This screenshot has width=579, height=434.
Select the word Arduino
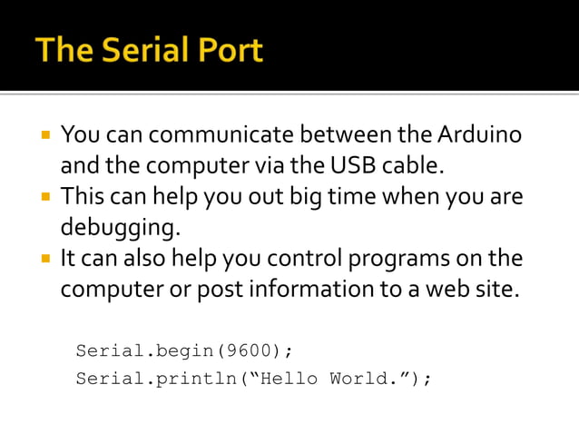480,136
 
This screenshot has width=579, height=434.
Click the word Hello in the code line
288,379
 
